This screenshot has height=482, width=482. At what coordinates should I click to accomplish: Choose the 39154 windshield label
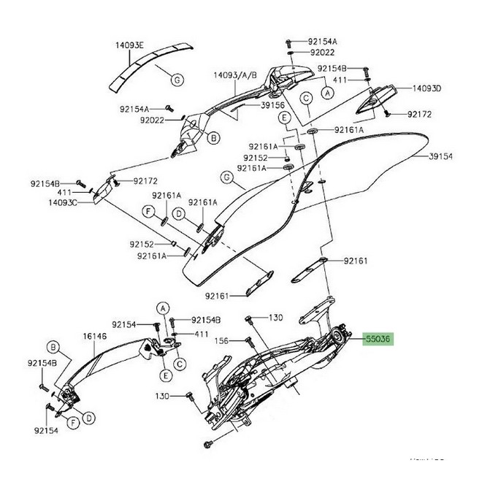point(442,156)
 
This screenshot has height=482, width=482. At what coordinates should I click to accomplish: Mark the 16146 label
point(94,337)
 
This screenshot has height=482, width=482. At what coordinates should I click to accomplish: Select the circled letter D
point(88,418)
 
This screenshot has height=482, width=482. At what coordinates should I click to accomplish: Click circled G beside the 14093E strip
point(177,78)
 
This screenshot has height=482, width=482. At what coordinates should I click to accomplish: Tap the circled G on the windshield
point(226,177)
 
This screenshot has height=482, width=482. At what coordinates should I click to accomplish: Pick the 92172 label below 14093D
point(421,115)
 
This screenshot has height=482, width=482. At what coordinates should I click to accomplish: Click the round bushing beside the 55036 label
point(339,337)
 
